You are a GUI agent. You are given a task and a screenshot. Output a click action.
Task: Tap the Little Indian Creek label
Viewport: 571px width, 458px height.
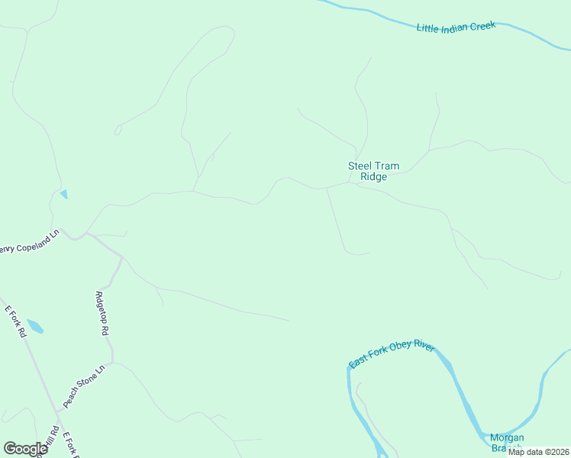[456, 27]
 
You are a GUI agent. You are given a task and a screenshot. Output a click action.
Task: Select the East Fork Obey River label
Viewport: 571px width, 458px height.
[392, 356]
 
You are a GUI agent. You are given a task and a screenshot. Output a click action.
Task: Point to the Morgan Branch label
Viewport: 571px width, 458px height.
[506, 442]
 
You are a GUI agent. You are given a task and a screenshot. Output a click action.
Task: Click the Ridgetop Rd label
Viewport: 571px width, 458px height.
[101, 314]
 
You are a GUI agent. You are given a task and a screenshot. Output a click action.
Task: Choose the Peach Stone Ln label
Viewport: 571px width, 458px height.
[82, 386]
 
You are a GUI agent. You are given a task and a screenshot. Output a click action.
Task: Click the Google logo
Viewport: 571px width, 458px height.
[26, 449]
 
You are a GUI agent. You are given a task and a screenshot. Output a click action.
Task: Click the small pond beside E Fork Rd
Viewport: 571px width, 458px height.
[35, 327]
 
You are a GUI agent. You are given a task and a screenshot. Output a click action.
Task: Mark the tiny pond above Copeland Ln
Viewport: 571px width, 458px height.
[63, 194]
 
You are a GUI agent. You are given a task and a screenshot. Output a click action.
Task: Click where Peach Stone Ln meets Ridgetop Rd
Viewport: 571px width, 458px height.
[112, 363]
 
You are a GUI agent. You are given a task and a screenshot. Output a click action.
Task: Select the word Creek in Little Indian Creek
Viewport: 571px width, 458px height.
[482, 25]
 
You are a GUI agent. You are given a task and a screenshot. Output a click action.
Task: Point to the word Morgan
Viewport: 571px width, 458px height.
[507, 437]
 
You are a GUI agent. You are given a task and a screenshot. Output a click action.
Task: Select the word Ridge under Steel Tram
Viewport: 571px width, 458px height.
[374, 177]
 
